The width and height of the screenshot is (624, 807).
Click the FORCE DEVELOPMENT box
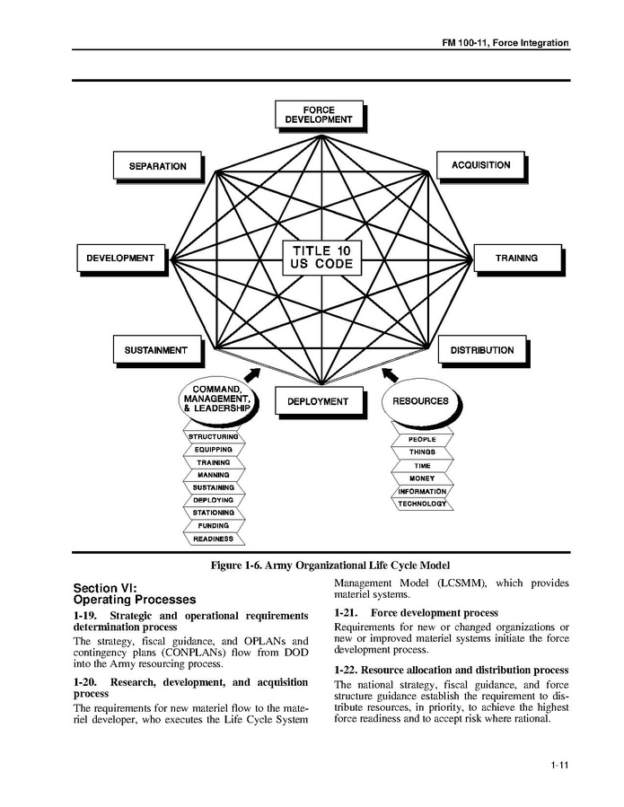[x=320, y=116]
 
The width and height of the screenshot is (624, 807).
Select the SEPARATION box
[x=157, y=167]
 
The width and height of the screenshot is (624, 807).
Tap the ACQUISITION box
[x=481, y=165]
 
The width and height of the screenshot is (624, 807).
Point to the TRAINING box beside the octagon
[x=516, y=259]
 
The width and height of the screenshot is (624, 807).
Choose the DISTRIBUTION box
[x=482, y=350]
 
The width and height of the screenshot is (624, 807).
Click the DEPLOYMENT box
[x=318, y=401]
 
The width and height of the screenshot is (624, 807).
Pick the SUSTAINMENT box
[x=156, y=350]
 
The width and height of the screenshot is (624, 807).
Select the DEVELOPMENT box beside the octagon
[x=120, y=259]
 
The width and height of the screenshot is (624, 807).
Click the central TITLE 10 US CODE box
[x=321, y=259]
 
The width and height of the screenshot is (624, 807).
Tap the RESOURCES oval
[x=419, y=401]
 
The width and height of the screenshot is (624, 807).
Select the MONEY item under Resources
[x=421, y=478]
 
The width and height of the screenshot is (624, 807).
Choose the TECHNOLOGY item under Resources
[x=421, y=504]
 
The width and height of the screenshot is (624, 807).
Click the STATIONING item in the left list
[x=213, y=513]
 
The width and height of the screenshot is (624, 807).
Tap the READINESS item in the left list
[x=213, y=539]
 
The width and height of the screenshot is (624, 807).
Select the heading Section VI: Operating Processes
[x=134, y=593]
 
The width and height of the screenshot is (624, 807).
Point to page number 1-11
[x=560, y=765]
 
